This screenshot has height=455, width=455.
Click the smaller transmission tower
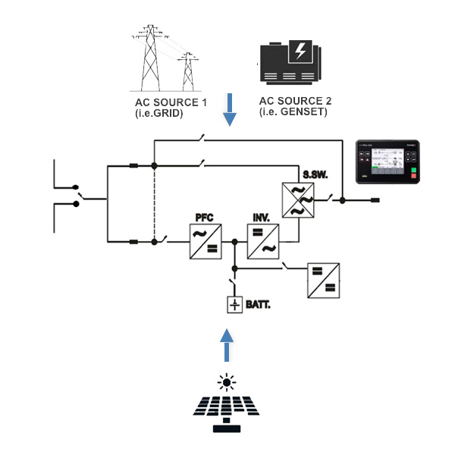click(186, 71)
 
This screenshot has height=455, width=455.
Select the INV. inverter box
click(265, 242)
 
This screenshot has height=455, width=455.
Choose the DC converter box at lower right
click(324, 281)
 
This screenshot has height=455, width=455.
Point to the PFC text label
click(201, 218)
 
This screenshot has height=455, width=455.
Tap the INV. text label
click(261, 218)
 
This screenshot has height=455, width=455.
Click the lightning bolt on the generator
click(301, 51)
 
